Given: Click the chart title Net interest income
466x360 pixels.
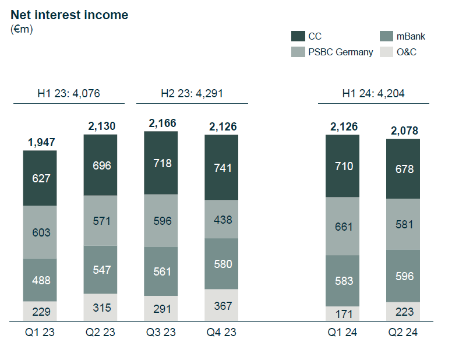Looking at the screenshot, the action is click(x=69, y=15).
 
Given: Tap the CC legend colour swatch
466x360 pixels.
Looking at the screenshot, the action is click(x=298, y=36).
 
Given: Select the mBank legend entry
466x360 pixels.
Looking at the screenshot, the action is click(x=403, y=36).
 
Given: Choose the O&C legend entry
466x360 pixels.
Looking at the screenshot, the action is click(x=398, y=52).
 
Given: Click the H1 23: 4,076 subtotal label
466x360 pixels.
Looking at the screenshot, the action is click(x=69, y=93).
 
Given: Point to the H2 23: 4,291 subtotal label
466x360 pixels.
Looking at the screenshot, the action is click(x=192, y=93).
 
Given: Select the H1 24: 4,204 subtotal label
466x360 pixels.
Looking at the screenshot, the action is click(x=373, y=93).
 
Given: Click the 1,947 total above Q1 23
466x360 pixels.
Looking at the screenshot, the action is click(x=41, y=142).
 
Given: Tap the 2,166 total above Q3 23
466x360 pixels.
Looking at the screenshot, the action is click(x=163, y=123).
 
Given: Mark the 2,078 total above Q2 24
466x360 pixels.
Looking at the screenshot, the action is click(x=404, y=131).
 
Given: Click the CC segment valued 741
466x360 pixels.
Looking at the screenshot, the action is click(x=221, y=167).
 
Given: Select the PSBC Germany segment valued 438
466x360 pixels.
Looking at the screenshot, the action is click(x=221, y=219).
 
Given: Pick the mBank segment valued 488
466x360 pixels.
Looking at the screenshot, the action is click(x=40, y=280).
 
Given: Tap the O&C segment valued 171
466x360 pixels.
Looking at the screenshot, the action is click(x=343, y=313).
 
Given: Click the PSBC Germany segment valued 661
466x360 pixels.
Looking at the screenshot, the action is click(x=343, y=226).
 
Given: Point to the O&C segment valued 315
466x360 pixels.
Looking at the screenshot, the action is click(x=100, y=307).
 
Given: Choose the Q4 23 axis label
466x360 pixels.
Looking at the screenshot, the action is click(x=221, y=332).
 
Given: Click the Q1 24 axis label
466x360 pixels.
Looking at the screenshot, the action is click(x=343, y=332).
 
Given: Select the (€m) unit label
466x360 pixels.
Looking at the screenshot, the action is click(x=22, y=29).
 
